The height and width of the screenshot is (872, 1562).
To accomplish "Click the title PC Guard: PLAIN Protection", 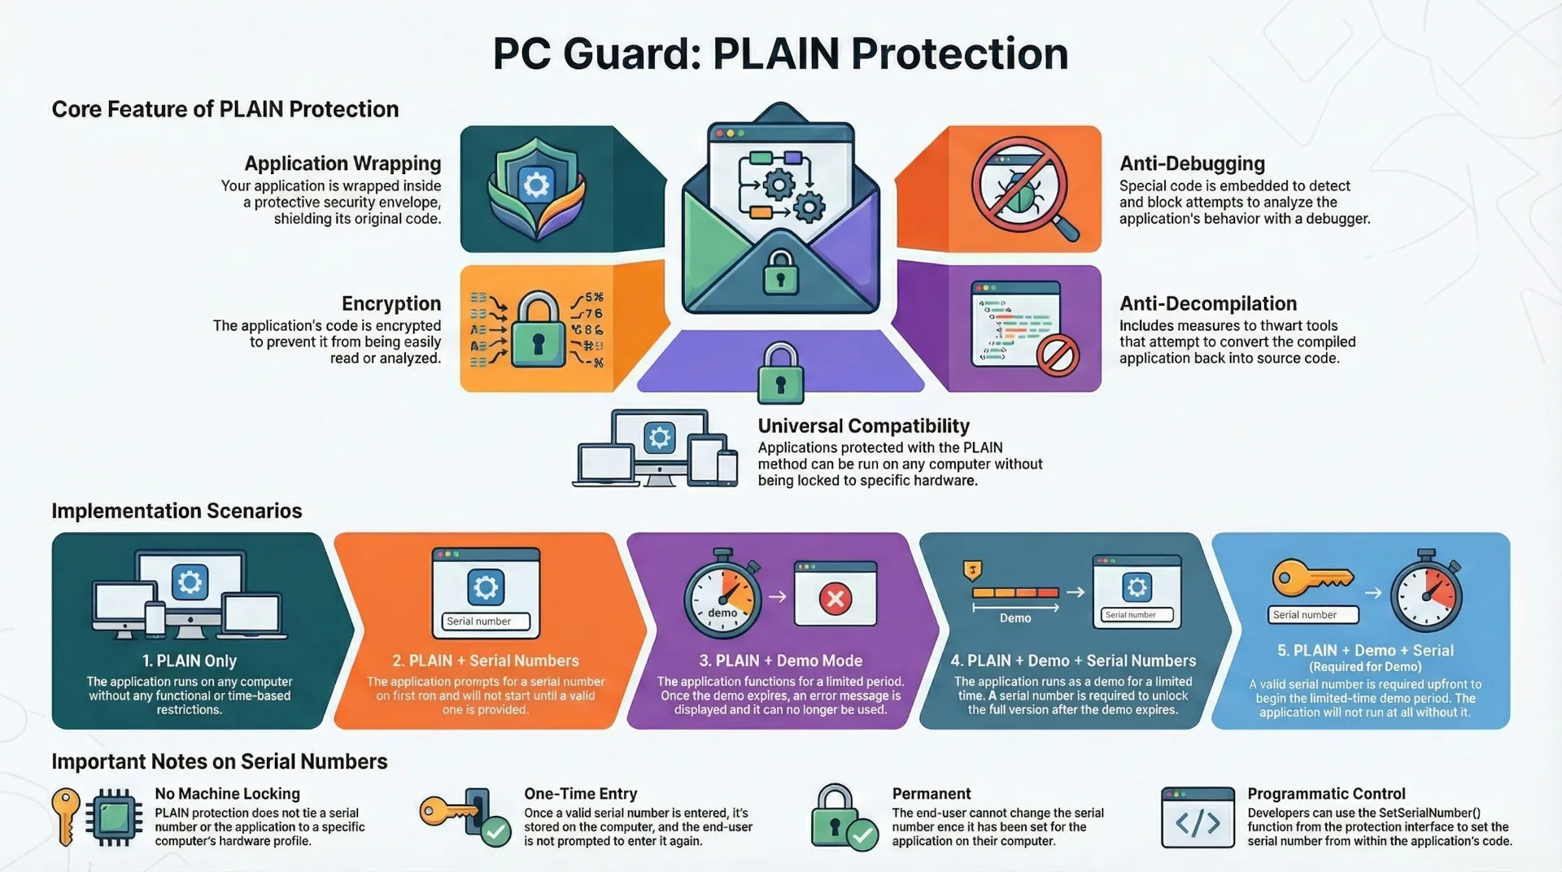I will (779, 54).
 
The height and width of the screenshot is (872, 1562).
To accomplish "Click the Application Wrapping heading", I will (343, 163).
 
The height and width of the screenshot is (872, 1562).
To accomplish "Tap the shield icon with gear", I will (536, 187).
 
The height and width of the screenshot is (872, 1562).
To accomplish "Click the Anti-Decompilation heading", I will (1208, 303).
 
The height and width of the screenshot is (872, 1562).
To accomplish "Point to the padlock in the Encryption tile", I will (538, 330).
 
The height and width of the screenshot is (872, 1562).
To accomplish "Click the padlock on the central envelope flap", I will (780, 272).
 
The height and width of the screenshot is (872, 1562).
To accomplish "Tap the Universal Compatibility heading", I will (863, 426).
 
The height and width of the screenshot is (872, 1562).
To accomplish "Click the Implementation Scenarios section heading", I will (177, 511).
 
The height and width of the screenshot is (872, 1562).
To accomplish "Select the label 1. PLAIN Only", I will (190, 661).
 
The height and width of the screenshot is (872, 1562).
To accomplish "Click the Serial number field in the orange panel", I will (486, 621).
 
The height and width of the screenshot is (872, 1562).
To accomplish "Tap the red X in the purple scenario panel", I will (835, 599).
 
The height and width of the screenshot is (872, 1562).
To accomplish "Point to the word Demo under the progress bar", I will (1014, 618).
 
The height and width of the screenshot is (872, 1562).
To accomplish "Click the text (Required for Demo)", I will (1364, 666).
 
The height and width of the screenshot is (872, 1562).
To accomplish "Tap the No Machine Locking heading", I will (227, 794).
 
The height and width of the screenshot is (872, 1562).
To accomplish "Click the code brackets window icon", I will (1198, 818).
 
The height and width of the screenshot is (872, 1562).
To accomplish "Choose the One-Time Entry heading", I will (580, 794).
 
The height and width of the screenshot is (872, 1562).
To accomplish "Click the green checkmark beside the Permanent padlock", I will (862, 834).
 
